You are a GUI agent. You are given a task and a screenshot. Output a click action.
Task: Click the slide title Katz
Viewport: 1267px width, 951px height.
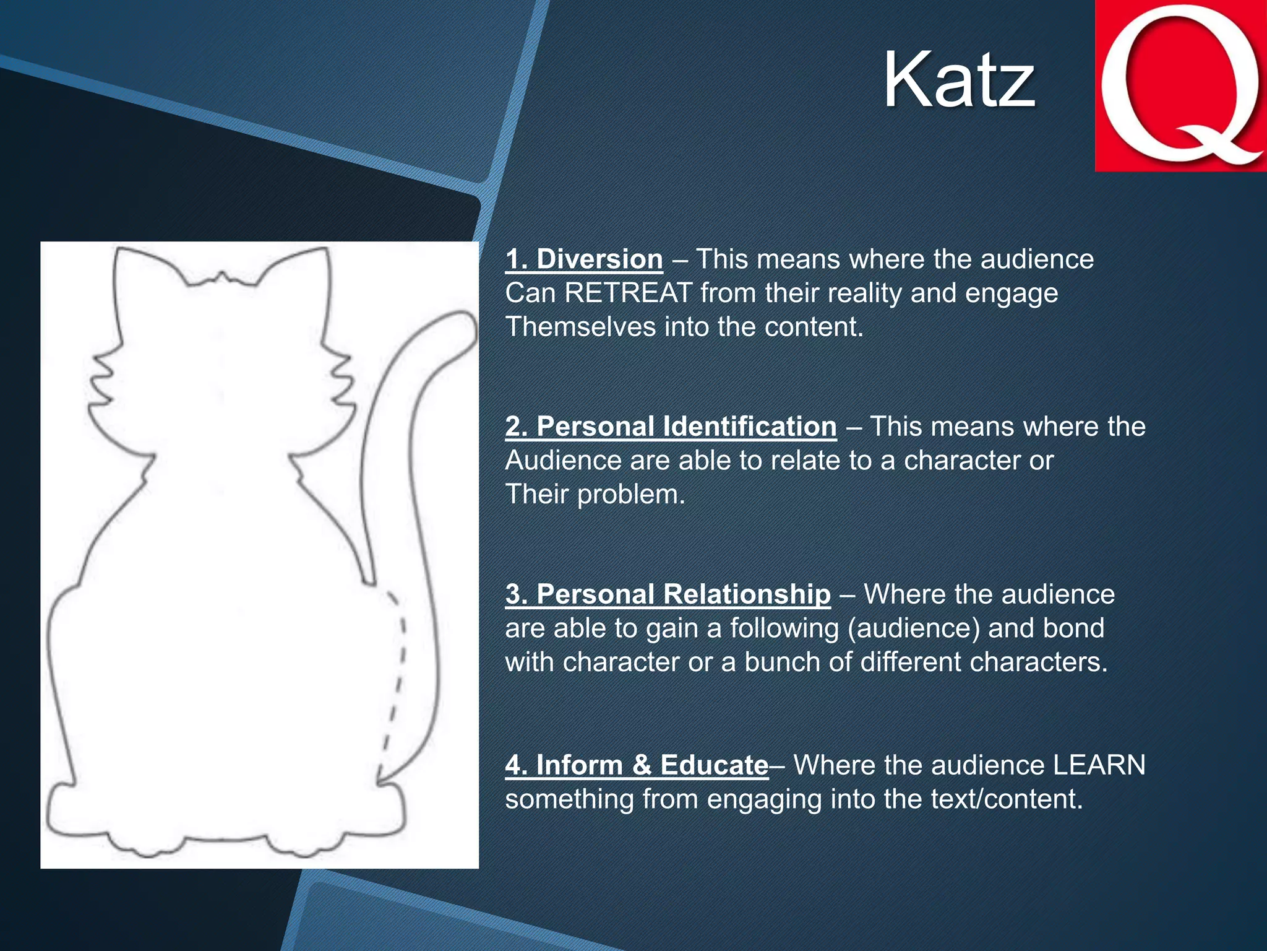coord(958,80)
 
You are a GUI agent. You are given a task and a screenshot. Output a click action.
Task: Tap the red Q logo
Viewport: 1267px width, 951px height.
coord(1181,85)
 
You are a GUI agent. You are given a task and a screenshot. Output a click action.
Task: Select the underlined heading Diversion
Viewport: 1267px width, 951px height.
coord(584,259)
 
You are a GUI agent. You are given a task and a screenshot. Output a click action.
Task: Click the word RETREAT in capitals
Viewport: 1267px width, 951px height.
coord(628,293)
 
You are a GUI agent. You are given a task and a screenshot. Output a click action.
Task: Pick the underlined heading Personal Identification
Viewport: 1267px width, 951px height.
coord(671,427)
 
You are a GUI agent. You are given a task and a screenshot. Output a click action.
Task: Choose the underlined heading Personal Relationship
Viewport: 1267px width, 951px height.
coord(668,594)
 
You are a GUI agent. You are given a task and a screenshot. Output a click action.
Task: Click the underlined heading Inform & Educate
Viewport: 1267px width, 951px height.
coord(637,765)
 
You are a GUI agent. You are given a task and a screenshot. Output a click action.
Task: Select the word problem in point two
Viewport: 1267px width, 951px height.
coord(631,495)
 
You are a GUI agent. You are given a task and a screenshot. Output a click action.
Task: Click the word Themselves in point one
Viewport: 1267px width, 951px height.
coord(580,327)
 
